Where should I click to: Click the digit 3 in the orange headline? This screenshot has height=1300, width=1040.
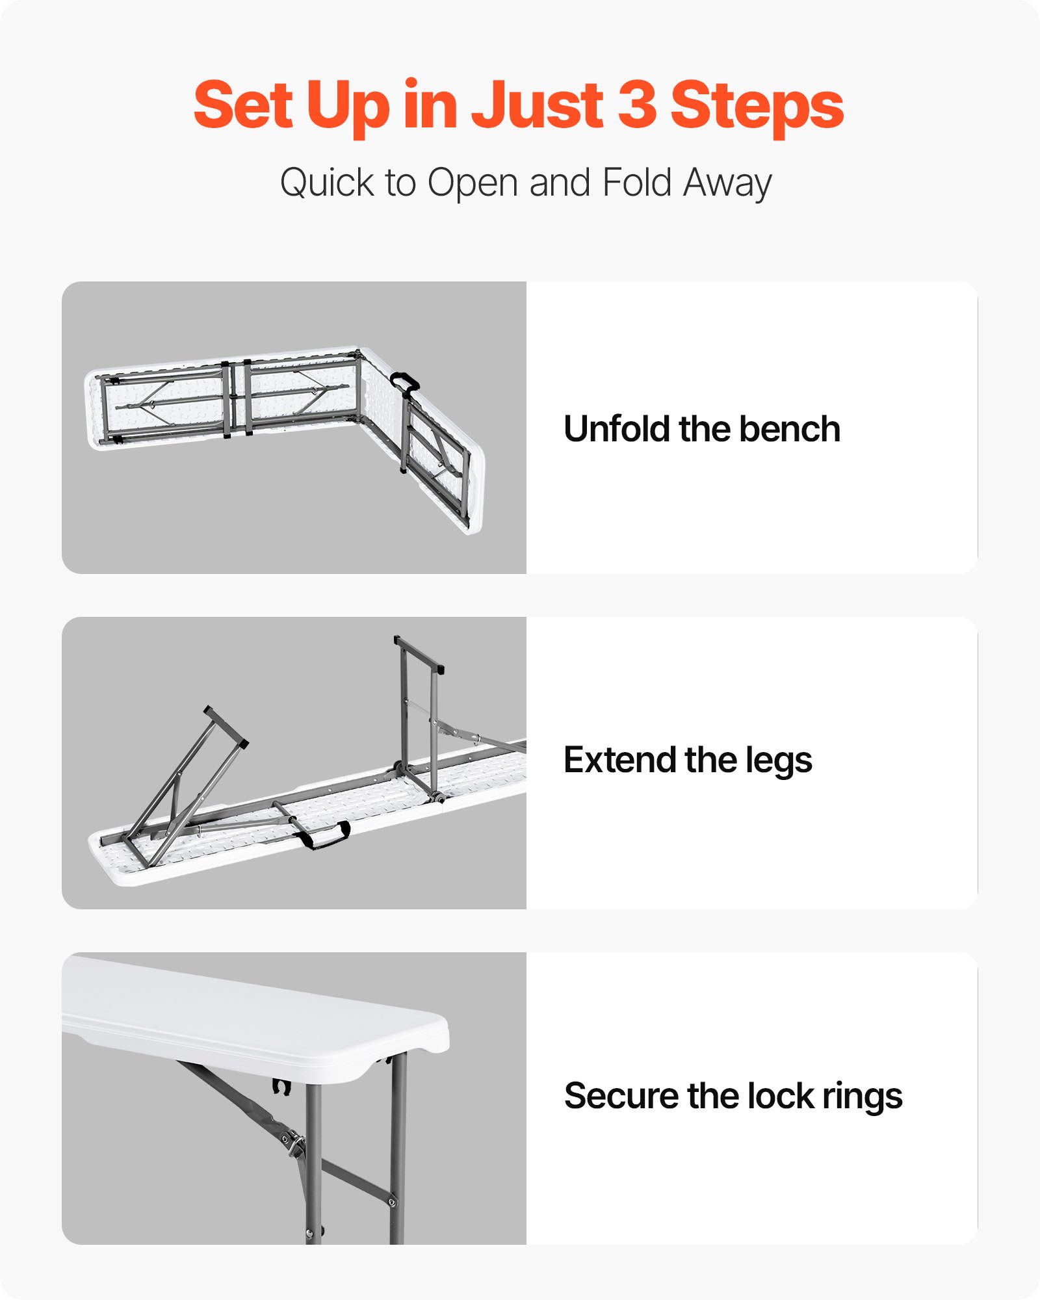(x=637, y=105)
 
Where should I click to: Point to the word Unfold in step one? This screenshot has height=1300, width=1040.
(x=616, y=429)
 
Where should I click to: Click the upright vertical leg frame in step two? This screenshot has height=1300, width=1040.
(x=419, y=715)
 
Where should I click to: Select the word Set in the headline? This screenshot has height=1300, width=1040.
(x=243, y=105)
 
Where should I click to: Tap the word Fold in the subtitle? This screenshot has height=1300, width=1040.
(x=636, y=183)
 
